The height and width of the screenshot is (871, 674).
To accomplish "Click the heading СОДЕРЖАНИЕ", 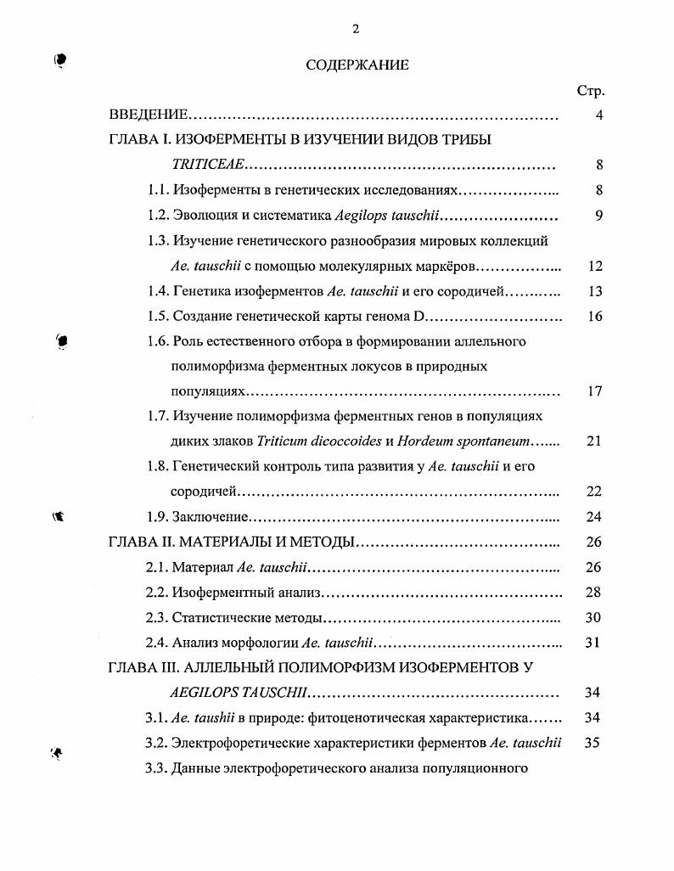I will tap(357, 65).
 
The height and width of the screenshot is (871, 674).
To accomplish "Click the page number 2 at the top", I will tap(356, 29).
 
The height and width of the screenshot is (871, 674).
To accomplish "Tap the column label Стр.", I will tap(590, 92).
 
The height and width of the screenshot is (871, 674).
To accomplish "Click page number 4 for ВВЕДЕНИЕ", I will tap(598, 115).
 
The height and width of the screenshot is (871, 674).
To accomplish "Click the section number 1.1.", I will tap(158, 191).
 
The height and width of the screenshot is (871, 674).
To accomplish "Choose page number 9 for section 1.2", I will tap(598, 216).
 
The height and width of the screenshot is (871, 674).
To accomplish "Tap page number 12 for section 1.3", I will tap(594, 267).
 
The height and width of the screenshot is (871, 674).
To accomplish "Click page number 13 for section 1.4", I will tap(594, 291).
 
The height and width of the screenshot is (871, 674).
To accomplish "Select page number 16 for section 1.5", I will tap(594, 317).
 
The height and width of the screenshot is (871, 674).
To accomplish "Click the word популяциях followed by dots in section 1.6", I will tap(207, 392).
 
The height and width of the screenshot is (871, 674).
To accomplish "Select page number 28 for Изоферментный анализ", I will tap(594, 592).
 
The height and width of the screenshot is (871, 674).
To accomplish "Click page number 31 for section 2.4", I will tap(594, 643).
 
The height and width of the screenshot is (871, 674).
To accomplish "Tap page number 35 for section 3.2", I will tap(594, 743).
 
